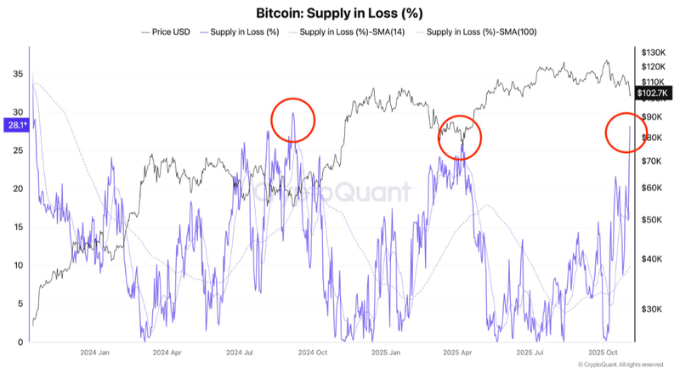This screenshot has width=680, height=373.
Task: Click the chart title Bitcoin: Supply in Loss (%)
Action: click(x=339, y=14)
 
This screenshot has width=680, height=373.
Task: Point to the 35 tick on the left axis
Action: click(x=18, y=74)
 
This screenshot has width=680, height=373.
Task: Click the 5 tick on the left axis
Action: click(x=20, y=303)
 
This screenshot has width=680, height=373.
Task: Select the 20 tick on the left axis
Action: click(x=18, y=189)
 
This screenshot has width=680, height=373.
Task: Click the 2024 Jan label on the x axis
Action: click(x=94, y=351)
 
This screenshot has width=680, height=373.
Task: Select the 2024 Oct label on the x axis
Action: click(x=314, y=351)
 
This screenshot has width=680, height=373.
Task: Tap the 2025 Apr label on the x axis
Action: click(x=458, y=351)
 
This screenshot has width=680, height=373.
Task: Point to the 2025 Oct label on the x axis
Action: click(x=603, y=351)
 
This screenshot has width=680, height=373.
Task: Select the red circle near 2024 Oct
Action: click(x=292, y=122)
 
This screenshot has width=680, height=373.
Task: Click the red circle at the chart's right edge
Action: click(x=626, y=133)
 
